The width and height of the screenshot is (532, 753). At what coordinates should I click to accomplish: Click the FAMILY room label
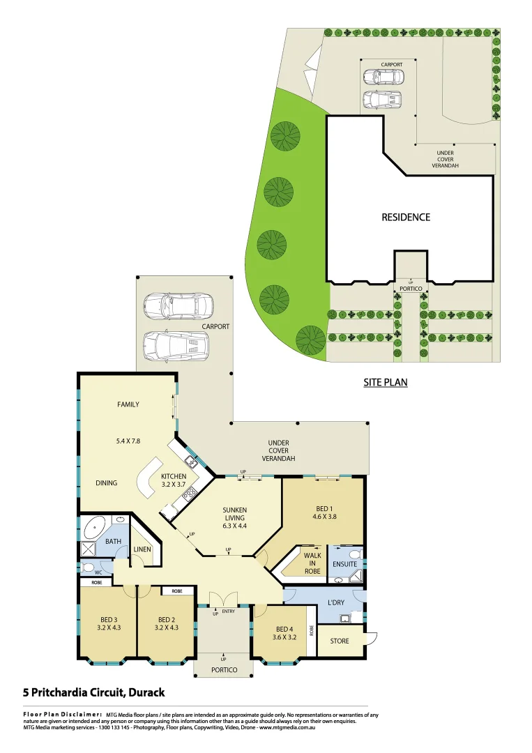tap(128, 404)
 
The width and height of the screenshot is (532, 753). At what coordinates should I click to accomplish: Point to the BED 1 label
tap(324, 512)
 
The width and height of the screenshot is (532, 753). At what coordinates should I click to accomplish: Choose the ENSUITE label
tap(344, 563)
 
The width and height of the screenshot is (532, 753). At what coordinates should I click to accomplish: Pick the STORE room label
tap(340, 641)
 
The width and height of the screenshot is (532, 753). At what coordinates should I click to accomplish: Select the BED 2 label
tap(166, 623)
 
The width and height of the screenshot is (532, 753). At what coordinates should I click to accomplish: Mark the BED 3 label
tap(107, 623)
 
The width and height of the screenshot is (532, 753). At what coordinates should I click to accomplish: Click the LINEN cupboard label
tap(142, 550)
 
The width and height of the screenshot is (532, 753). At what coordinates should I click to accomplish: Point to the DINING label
tap(107, 482)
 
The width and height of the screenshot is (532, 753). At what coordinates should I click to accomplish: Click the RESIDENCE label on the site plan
tap(406, 217)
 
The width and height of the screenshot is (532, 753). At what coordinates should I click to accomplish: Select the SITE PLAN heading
tap(385, 382)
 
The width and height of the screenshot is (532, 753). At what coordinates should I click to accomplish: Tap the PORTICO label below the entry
tap(224, 670)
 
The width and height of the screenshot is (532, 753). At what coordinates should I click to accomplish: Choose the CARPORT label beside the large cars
tap(216, 326)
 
